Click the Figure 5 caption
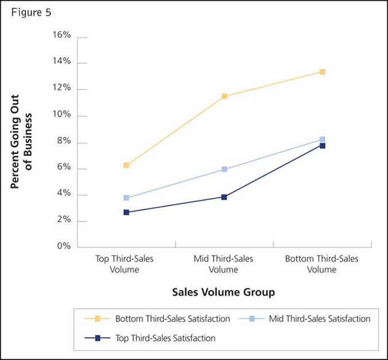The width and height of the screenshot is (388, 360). [31, 13]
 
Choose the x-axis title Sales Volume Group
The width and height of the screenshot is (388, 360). [224, 292]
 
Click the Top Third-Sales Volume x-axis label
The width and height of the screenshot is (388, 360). [124, 264]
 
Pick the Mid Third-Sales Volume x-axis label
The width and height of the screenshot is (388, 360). [224, 264]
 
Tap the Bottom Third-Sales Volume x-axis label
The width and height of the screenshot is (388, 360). [321, 264]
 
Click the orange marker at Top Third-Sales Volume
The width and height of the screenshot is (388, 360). [126, 165]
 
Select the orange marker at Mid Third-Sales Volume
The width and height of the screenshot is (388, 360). [224, 96]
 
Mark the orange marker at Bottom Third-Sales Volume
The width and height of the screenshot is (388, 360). [322, 72]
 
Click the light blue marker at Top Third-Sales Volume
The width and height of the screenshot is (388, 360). [126, 198]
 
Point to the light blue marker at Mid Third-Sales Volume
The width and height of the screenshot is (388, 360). [224, 169]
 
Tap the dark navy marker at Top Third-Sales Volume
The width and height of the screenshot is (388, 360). [126, 212]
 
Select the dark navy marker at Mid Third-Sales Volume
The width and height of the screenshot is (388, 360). [224, 197]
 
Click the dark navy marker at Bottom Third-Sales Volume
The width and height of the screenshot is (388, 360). [322, 146]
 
